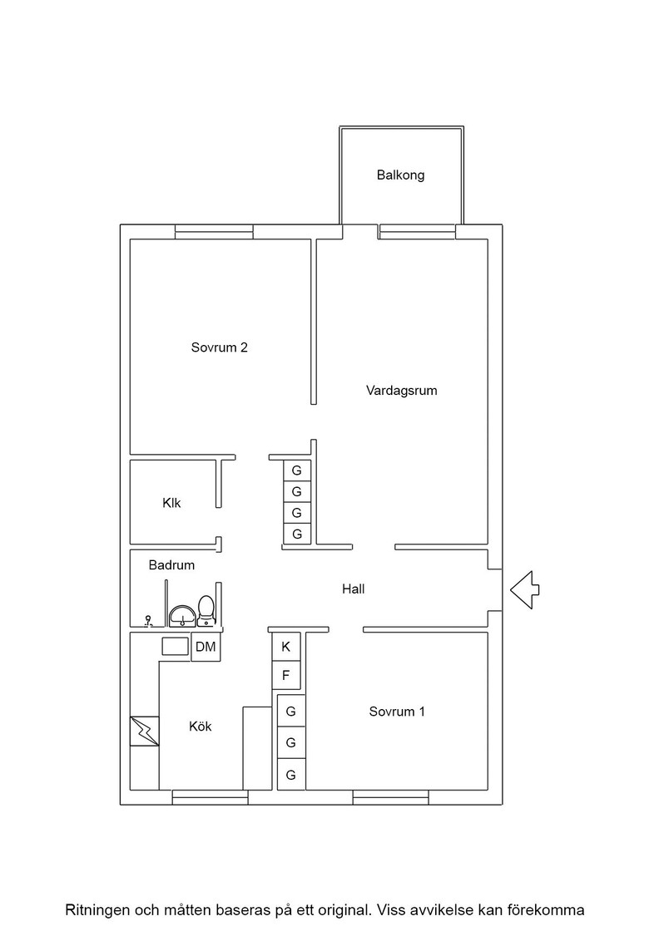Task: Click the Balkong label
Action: (400, 175)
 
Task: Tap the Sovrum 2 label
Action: (220, 347)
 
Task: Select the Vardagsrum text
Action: (402, 391)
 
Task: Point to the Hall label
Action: (353, 589)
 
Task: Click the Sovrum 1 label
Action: (397, 712)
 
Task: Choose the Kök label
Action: (201, 727)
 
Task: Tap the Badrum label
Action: (171, 565)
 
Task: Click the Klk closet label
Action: (171, 503)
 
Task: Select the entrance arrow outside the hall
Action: (525, 589)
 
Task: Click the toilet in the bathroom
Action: (206, 611)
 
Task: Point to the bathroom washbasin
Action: (182, 617)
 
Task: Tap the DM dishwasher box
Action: (206, 647)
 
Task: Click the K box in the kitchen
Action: (286, 647)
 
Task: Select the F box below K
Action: (286, 675)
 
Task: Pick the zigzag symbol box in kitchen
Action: (145, 731)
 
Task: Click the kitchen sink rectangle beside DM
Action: (176, 646)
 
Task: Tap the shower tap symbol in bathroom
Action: (149, 622)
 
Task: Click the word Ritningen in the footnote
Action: (97, 910)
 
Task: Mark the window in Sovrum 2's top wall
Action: (214, 232)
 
